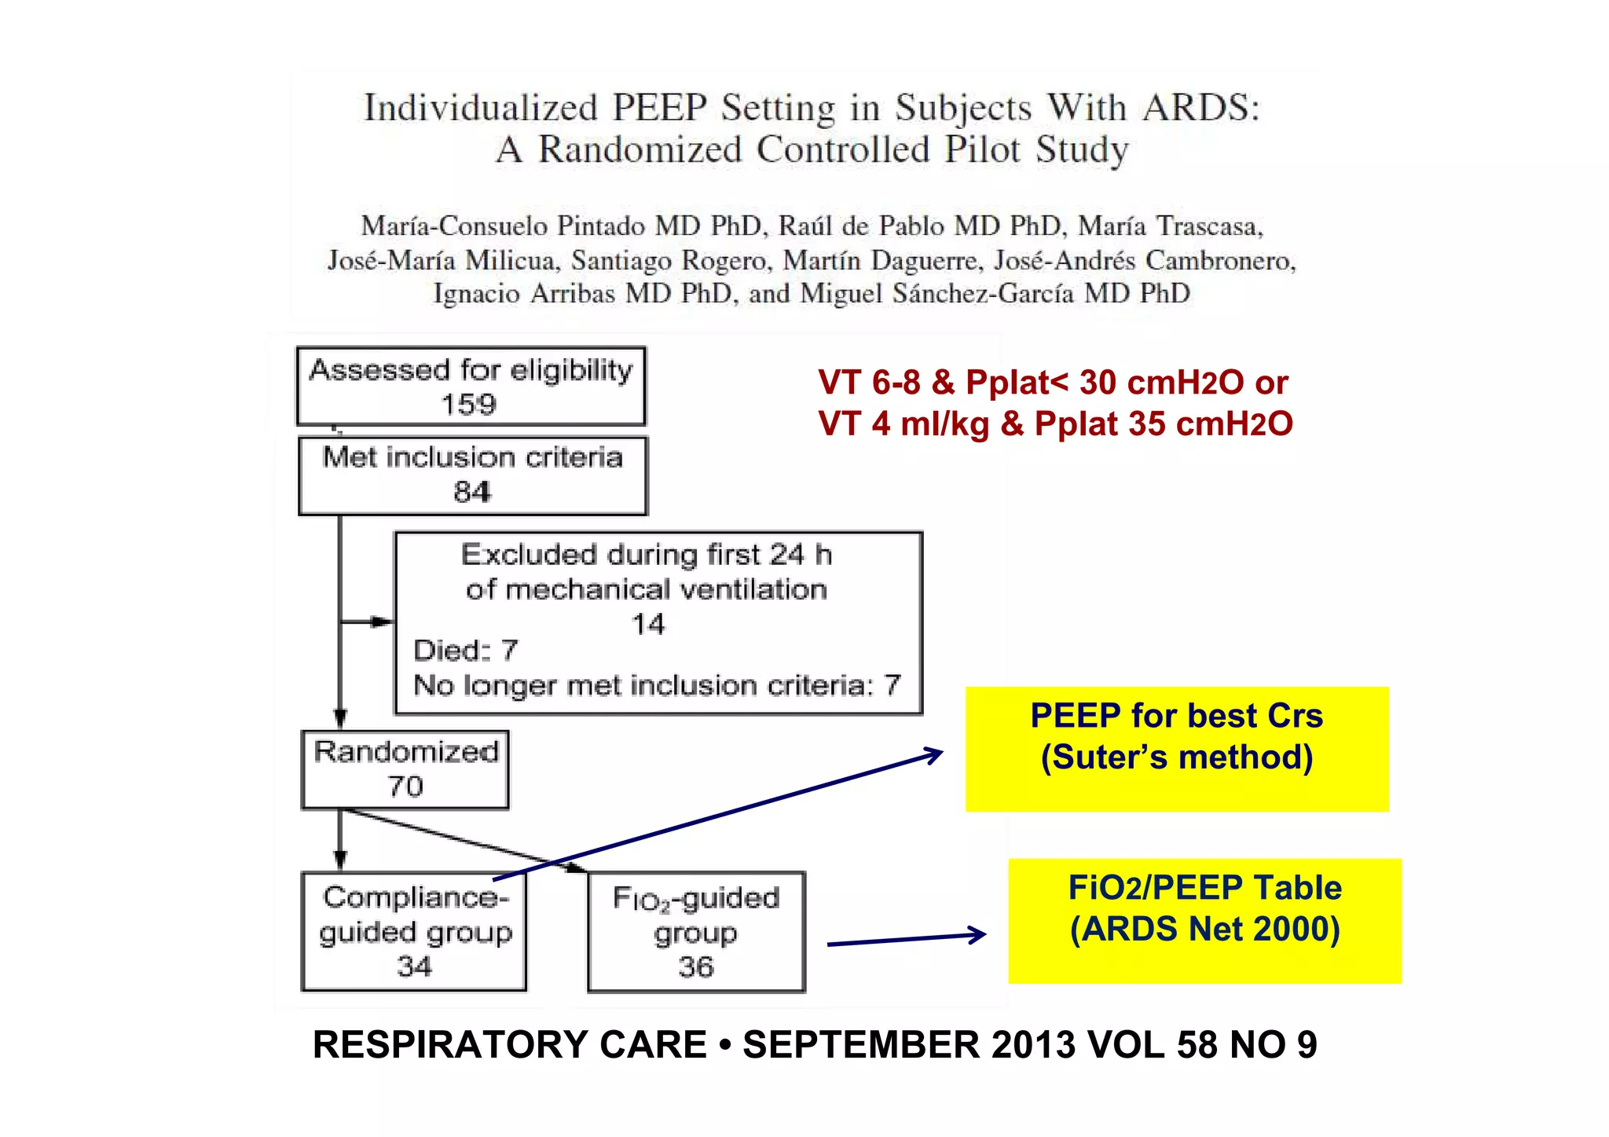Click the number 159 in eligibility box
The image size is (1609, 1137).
coord(469,405)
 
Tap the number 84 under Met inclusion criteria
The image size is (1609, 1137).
coord(472,492)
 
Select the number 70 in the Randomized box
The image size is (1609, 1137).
coord(405,787)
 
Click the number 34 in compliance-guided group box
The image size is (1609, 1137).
coord(414,966)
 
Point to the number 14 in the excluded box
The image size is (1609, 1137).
coord(648,624)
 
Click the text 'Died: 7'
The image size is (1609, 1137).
coord(465,651)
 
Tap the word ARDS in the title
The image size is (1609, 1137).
coord(1200,108)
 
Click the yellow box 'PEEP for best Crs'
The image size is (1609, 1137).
coord(1176,748)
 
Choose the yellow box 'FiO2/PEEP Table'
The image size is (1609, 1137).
coord(1204,920)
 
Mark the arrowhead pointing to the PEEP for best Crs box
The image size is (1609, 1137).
coord(936,754)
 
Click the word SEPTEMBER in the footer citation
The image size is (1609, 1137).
coord(861,1045)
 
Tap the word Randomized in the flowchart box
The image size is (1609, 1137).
coord(406,752)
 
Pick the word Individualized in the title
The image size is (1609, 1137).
coord(481,108)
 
